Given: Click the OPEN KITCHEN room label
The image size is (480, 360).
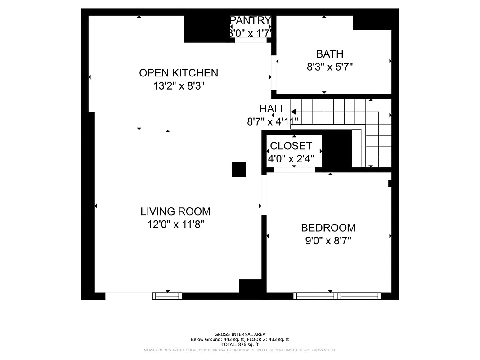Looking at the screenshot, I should point(179,73).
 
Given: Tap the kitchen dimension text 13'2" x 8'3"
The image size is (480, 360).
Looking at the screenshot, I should point(179,86).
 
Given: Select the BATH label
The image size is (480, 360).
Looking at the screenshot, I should point(329,54).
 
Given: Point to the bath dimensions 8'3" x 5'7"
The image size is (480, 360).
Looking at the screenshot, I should point(329,67).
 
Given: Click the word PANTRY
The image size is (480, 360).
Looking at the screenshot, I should point(251,20).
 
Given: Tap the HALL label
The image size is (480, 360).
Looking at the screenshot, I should point(272,109).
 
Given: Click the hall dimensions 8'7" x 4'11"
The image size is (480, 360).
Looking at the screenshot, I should point(272,121).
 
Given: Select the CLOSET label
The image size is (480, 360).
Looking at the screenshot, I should point(291,146).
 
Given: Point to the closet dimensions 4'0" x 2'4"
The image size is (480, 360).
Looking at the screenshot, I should point(294,158).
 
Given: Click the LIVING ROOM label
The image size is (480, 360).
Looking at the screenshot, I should point(175,211).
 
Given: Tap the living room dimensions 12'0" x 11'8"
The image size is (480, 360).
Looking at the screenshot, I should point(175,224).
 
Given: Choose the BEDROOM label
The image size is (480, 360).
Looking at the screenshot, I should point(328,228).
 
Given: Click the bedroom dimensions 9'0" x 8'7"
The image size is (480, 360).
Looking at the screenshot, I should point(328,241).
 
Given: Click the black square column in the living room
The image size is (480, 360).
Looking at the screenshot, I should point(239,169).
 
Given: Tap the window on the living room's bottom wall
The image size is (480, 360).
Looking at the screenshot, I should point(167,296).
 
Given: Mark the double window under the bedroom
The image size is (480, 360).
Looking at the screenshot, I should point(337,296).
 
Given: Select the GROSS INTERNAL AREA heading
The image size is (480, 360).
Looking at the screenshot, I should point(240,334).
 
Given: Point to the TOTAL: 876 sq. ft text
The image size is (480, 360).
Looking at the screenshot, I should point(240,344).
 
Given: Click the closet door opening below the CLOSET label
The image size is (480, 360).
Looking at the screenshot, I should point(294,170).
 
